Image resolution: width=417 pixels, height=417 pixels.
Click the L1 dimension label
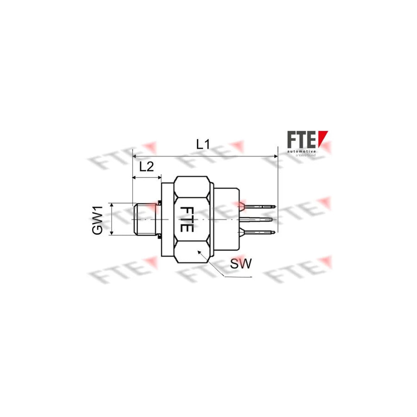point(202,144)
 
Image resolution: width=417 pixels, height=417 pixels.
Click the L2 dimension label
point(146,167)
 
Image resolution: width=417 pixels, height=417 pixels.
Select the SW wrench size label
point(240,264)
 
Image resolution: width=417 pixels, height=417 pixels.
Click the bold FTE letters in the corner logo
point(301,140)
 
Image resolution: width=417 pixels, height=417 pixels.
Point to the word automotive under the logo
point(301,152)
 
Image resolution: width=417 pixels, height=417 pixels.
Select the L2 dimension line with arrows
point(147,177)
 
